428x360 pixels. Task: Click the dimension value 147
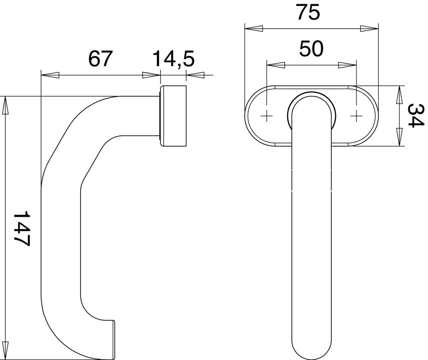tap(21, 228)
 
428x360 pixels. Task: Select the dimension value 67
tap(101, 59)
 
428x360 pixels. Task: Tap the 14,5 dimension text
tap(173, 59)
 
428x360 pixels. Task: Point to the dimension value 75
tap(309, 12)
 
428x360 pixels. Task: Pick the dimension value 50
tap(312, 49)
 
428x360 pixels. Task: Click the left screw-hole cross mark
tap(267, 117)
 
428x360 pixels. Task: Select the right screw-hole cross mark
tap(356, 117)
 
